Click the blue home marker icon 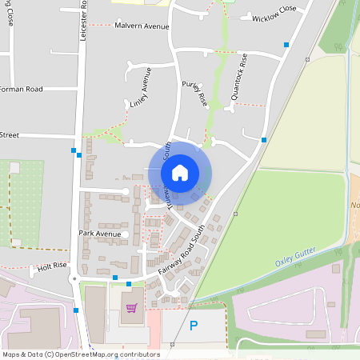pyautogui.click(x=180, y=172)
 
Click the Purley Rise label pyautogui.click(x=194, y=94)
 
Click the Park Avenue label pyautogui.click(x=99, y=234)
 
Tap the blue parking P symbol pyautogui.click(x=193, y=326)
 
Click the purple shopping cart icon pyautogui.click(x=131, y=307)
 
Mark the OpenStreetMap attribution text pyautogui.click(x=81, y=354)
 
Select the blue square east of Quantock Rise pyautogui.click(x=264, y=140)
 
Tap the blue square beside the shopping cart pyautogui.click(x=129, y=283)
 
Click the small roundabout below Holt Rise pyautogui.click(x=74, y=278)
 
